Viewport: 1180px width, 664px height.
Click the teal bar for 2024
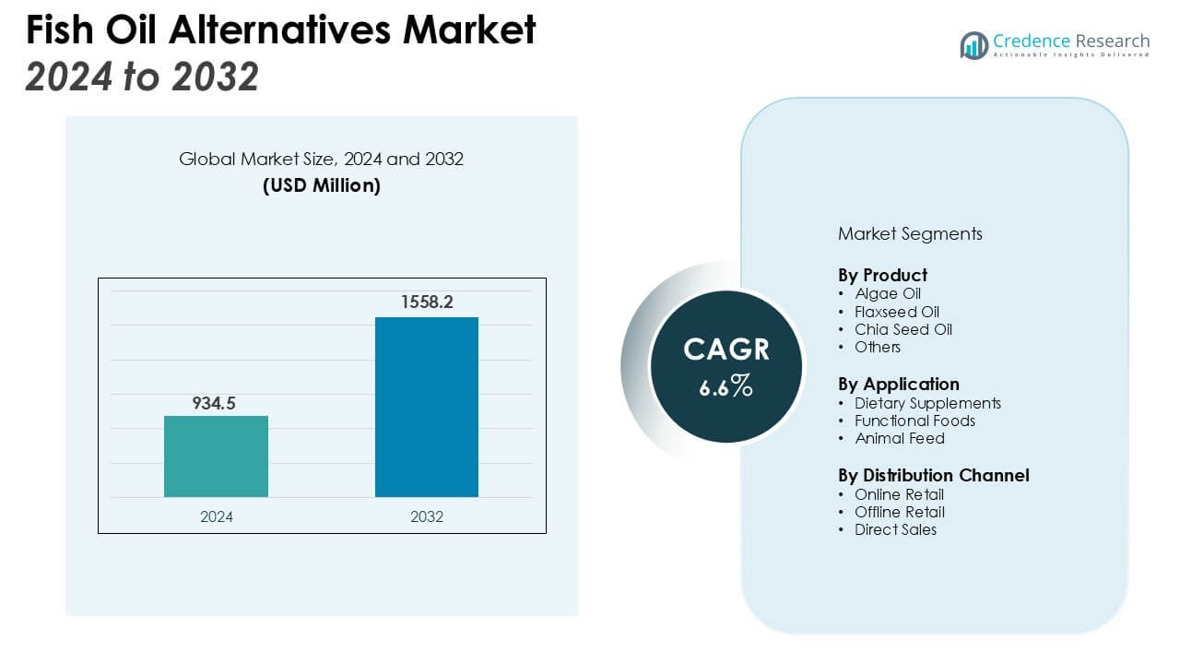216,456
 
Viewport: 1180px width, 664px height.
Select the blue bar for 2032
426,407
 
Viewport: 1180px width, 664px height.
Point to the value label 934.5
214,403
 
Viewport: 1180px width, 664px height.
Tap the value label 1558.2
426,302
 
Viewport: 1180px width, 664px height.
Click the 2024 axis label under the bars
217,516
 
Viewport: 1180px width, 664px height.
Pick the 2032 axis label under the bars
427,516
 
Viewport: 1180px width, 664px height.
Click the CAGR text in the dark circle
726,350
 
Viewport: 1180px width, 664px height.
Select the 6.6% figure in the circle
726,387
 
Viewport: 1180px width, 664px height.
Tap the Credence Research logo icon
973,45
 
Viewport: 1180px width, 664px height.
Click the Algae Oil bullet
888,294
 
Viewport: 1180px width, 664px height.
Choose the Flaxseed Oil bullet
897,312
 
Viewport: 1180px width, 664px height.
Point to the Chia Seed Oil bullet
903,329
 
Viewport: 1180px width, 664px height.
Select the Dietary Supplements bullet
927,403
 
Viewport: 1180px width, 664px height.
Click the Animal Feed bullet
899,438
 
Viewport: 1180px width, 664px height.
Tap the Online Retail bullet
899,494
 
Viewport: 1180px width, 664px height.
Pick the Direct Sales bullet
895,529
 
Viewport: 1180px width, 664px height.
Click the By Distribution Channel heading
933,475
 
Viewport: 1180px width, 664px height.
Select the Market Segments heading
910,233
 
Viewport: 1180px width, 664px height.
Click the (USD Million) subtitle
321,185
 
